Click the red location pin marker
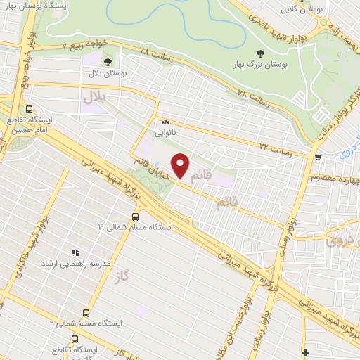(181, 165)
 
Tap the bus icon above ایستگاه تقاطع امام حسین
(30, 110)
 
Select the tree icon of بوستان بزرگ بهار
(262, 54)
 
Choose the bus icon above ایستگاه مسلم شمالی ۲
(86, 313)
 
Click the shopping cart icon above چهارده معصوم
(318, 157)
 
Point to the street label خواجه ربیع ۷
(84, 44)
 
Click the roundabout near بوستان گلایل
(323, 22)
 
